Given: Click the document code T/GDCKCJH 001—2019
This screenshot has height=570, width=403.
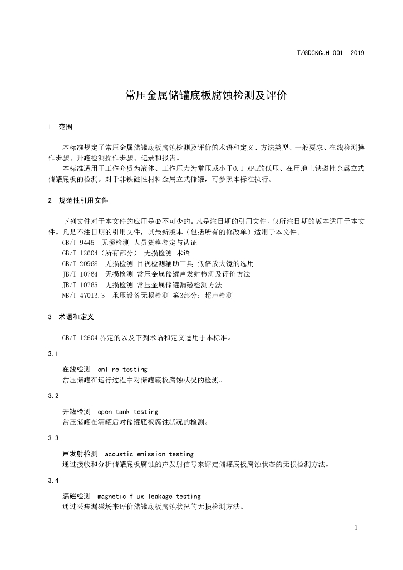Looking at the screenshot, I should (x=331, y=53).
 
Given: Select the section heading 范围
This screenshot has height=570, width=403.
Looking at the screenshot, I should (x=65, y=127).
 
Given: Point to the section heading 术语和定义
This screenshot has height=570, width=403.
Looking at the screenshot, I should (x=76, y=317).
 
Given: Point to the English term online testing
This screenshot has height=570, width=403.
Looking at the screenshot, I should (x=122, y=369).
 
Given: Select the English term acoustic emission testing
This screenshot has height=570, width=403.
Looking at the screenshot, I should (x=149, y=454).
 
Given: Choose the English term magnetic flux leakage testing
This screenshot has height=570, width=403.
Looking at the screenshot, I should (x=149, y=497).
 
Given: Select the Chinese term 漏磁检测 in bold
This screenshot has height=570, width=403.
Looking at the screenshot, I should (x=76, y=497).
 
